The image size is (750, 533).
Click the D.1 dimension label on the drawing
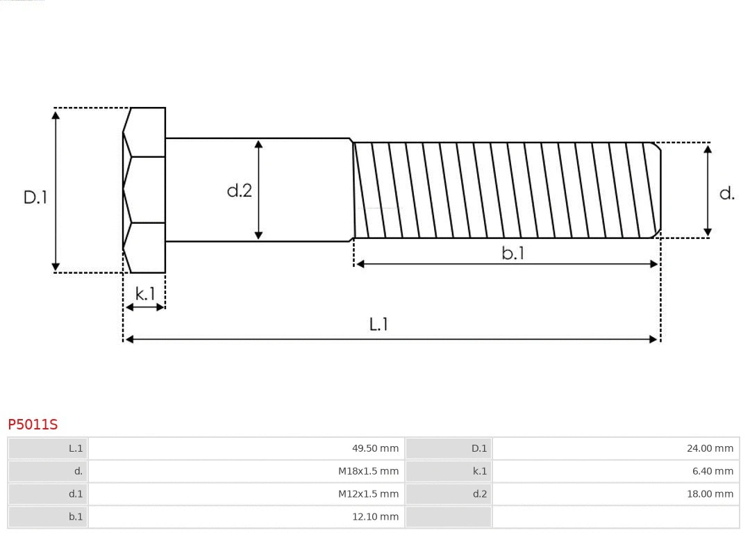pos(35,197)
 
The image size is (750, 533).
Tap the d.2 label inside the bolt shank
pos(240,190)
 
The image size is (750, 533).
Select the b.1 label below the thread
pos(513,254)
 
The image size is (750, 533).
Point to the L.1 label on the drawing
pos(378,324)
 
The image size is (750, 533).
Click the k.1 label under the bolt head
pos(145,294)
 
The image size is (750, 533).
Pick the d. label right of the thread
pos(726,193)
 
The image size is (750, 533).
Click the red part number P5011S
pos(33,424)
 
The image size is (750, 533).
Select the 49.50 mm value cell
pos(247,448)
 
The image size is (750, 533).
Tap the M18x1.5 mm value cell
pos(247,471)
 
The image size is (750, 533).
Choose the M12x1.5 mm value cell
pos(247,494)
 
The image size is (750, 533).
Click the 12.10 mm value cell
pos(247,516)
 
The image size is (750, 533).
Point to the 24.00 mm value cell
pos(615,448)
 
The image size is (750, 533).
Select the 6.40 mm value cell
pos(615,471)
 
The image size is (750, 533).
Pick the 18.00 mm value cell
pos(615,494)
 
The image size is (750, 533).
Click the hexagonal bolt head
pos(144,190)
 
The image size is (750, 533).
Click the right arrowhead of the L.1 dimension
pos(653,339)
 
